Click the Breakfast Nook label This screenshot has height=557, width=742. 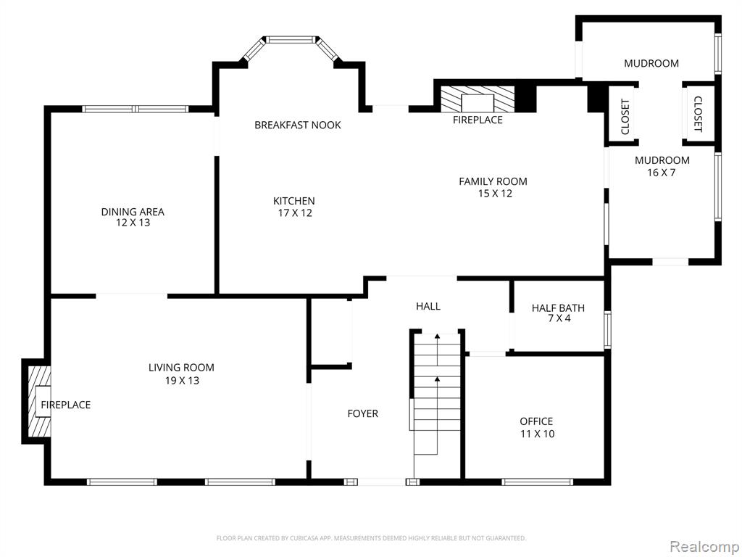pyautogui.click(x=298, y=125)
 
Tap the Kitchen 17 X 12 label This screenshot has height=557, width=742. pyautogui.click(x=294, y=207)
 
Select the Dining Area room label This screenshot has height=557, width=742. pyautogui.click(x=133, y=217)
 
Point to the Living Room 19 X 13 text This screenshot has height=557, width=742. pyautogui.click(x=182, y=374)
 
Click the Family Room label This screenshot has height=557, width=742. pyautogui.click(x=493, y=187)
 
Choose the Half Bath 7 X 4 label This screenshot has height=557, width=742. pyautogui.click(x=559, y=313)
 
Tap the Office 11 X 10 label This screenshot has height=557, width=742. pyautogui.click(x=537, y=427)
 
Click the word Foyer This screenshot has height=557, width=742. pyautogui.click(x=363, y=413)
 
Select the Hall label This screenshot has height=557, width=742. pyautogui.click(x=428, y=307)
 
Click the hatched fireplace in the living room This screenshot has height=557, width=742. pyautogui.click(x=39, y=401)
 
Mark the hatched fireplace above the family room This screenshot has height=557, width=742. pyautogui.click(x=478, y=99)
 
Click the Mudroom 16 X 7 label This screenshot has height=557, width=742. pyautogui.click(x=662, y=166)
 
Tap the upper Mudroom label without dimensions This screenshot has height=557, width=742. pyautogui.click(x=651, y=64)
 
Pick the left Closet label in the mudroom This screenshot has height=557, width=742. pyautogui.click(x=625, y=117)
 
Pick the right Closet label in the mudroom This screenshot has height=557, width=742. pyautogui.click(x=698, y=114)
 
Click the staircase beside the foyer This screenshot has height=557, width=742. pyautogui.click(x=437, y=405)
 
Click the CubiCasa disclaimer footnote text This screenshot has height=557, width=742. pyautogui.click(x=371, y=538)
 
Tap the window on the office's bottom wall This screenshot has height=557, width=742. pyautogui.click(x=537, y=482)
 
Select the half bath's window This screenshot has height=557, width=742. pyautogui.click(x=608, y=330)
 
